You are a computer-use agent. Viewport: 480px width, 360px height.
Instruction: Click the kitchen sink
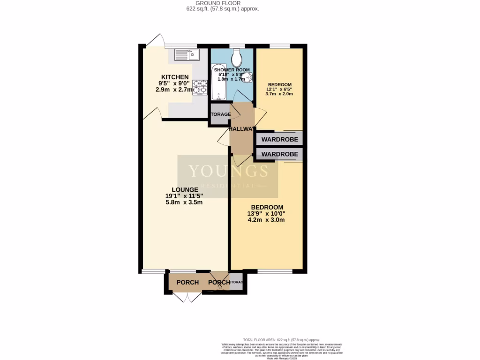[187, 55]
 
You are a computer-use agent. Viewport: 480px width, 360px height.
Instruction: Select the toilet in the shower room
[237, 59]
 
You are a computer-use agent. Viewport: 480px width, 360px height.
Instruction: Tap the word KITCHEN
[175, 77]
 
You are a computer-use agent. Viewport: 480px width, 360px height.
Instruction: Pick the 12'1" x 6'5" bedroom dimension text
[279, 89]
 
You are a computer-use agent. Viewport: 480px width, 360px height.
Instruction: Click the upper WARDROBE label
[280, 139]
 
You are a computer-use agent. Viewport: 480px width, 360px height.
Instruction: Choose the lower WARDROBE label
[280, 154]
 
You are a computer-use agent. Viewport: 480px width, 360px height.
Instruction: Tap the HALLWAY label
[242, 129]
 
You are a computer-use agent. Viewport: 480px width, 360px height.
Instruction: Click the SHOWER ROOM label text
[232, 70]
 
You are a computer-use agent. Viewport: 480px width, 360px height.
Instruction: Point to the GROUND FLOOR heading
[221, 3]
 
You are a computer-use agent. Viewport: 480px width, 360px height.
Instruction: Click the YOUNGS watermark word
[228, 171]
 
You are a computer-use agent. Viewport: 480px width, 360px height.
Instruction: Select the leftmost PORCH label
[187, 282]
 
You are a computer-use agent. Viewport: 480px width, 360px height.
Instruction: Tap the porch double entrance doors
[187, 297]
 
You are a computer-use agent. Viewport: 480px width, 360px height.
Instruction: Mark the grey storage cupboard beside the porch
[236, 282]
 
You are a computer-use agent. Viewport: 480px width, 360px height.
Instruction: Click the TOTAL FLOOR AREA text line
[281, 339]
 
